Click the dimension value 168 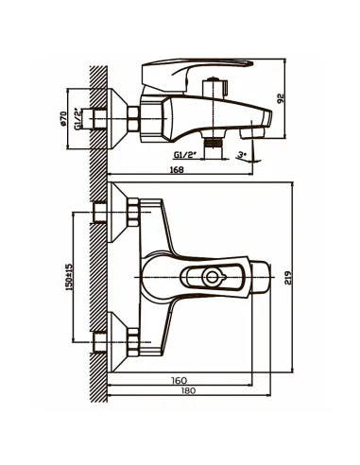(x=177, y=169)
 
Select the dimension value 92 (x=281, y=98)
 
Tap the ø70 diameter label (x=63, y=119)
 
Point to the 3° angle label (x=241, y=155)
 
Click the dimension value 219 (x=288, y=278)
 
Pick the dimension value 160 (x=180, y=380)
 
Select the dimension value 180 (x=188, y=390)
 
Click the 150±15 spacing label (x=69, y=277)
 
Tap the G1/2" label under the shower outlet (x=185, y=155)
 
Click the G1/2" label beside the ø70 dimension (x=77, y=119)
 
